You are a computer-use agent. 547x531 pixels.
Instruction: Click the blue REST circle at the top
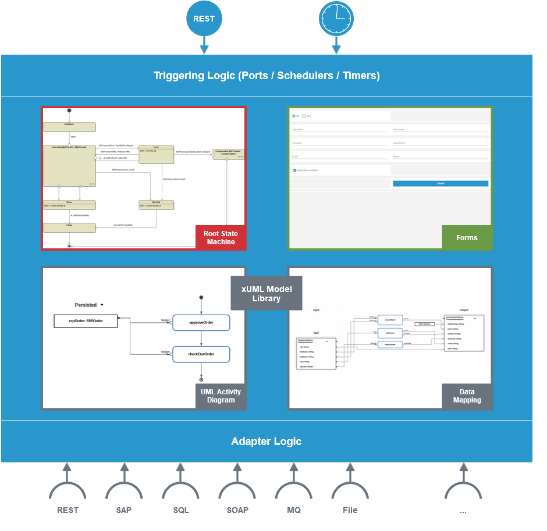[x=204, y=19]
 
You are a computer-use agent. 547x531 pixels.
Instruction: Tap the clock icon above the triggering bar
[x=336, y=19]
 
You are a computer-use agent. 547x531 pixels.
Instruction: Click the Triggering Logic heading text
[x=267, y=76]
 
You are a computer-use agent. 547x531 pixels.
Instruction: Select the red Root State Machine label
[x=221, y=238]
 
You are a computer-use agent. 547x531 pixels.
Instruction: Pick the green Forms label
[x=467, y=238]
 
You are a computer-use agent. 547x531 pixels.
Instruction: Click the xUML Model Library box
[x=267, y=294]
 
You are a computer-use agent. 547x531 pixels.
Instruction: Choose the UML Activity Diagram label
[x=221, y=396]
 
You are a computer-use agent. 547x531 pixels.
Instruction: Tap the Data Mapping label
[x=467, y=396]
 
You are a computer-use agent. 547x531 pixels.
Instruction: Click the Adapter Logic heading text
[x=267, y=441]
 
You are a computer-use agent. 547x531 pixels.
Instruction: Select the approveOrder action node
[x=201, y=322]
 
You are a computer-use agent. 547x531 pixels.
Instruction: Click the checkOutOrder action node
[x=201, y=354]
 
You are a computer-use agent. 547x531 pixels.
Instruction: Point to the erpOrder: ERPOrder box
[x=86, y=321]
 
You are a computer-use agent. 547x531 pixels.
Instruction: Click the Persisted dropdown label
[x=89, y=305]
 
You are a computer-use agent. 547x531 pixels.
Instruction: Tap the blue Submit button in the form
[x=441, y=183]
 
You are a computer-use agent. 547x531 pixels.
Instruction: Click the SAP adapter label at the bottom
[x=123, y=510]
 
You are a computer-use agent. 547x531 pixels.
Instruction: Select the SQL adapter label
[x=181, y=510]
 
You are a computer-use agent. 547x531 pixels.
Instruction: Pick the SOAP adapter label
[x=237, y=510]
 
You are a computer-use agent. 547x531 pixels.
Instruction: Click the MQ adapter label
[x=294, y=510]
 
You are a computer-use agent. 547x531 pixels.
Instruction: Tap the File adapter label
[x=350, y=510]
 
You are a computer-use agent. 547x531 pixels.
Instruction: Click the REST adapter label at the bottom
[x=68, y=510]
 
